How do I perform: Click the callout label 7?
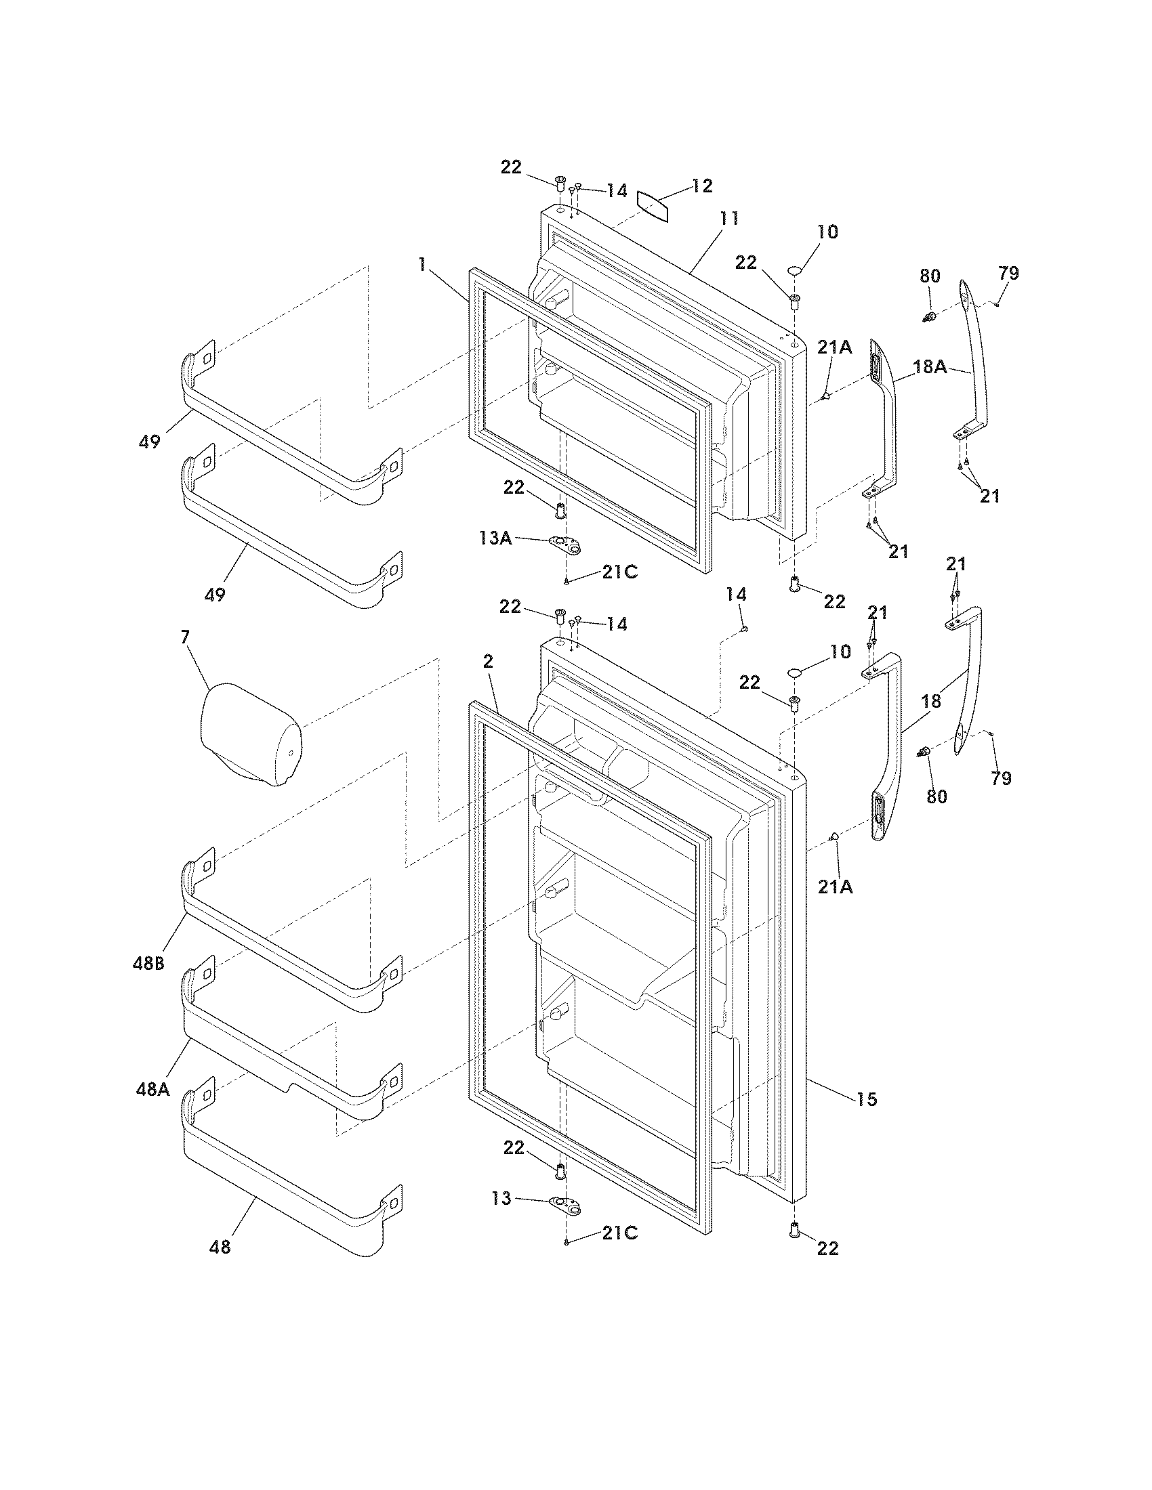185,637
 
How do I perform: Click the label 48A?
152,1089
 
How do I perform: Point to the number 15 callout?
866,1099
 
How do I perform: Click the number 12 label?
701,186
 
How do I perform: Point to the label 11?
728,219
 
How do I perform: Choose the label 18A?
930,366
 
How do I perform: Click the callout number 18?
931,701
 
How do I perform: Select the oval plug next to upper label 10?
794,272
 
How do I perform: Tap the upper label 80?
930,276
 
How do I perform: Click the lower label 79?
1000,778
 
